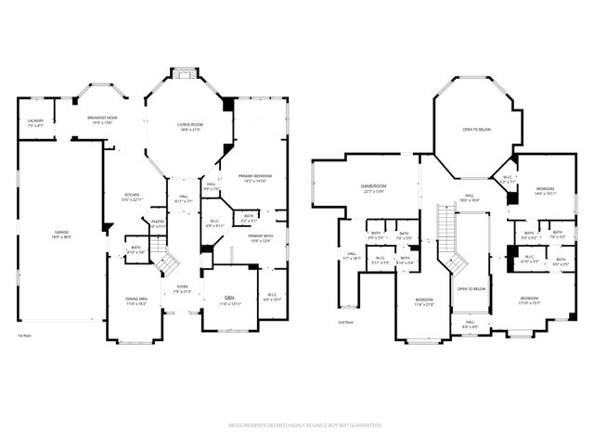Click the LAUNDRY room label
35,121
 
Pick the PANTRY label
158,222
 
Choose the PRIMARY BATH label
260,237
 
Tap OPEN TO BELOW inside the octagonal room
477,130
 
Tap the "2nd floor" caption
346,322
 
